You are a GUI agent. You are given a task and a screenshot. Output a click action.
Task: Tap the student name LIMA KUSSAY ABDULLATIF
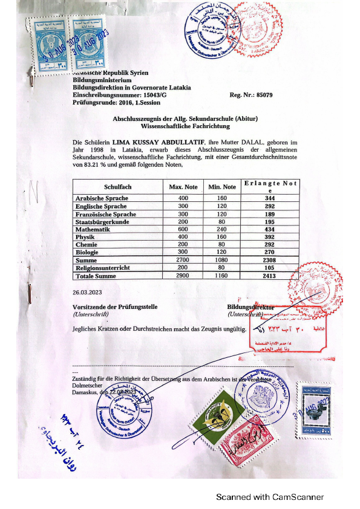157,142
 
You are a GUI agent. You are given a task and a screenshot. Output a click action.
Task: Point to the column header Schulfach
117,187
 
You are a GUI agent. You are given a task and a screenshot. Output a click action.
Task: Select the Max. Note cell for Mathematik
183,229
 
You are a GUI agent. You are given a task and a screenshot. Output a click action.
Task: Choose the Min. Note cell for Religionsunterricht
222,268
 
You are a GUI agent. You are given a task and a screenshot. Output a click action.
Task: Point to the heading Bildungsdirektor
250,307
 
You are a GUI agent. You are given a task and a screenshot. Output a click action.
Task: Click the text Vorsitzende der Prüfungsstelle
115,307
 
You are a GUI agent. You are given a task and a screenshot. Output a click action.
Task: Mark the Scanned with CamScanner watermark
270,497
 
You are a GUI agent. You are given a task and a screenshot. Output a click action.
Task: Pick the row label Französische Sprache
105,214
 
